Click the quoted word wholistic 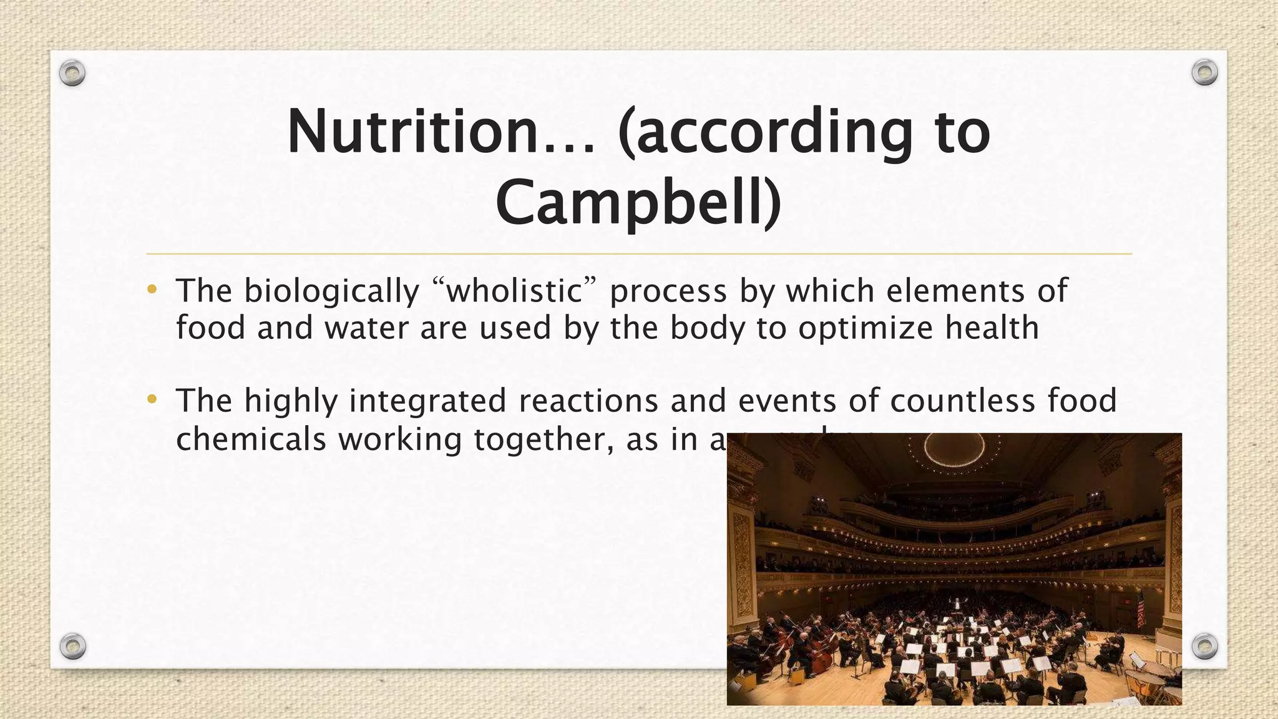click(514, 291)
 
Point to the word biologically click(331, 291)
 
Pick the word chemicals click(251, 439)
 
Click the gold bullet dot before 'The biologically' click(152, 289)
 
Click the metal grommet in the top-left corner click(72, 74)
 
